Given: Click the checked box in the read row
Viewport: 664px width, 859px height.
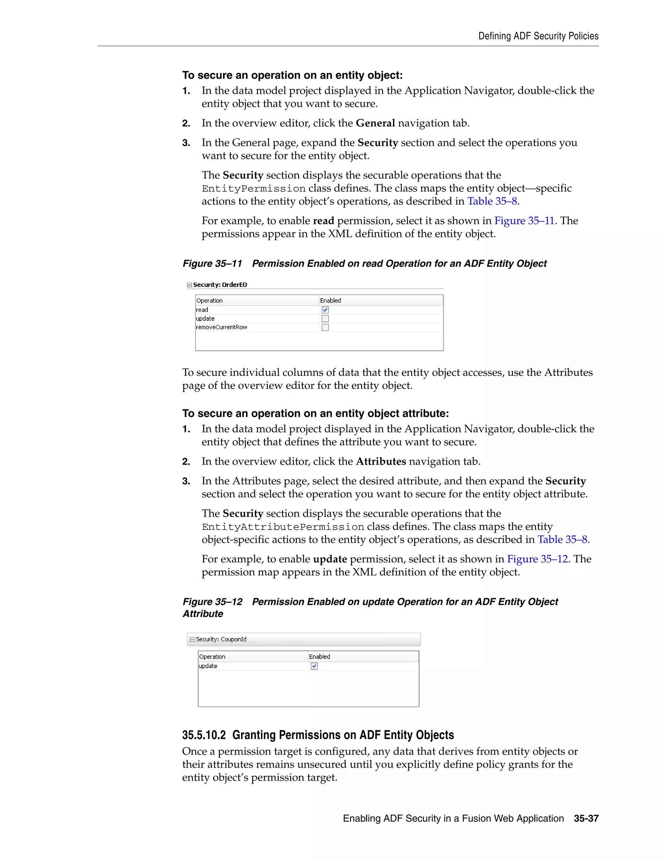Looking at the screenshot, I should [325, 310].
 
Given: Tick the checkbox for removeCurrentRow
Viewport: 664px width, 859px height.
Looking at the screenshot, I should [325, 327].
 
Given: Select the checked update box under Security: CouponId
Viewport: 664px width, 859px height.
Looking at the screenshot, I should [314, 666].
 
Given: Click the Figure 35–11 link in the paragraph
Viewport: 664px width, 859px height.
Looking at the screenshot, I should [524, 221].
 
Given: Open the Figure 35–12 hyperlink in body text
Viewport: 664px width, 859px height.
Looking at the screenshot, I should [537, 559].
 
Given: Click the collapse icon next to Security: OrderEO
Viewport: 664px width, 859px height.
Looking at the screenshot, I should [190, 285].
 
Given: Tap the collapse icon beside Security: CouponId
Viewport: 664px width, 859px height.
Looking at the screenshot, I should [192, 640].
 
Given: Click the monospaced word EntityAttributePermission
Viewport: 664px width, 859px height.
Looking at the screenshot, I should [283, 527].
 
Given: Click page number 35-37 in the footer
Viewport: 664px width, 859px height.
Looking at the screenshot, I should [586, 818].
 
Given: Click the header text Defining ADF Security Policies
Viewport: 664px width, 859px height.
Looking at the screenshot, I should [538, 36].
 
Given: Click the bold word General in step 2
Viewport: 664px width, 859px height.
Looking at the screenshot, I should [375, 123].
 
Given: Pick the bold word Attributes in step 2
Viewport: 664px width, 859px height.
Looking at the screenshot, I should [380, 461].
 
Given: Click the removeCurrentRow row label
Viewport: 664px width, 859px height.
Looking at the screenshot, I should [221, 327].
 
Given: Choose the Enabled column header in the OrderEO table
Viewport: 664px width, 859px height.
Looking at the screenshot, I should [330, 300].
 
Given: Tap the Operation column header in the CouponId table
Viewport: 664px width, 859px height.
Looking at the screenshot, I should [212, 656].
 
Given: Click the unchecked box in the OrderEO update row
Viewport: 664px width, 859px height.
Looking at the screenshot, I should [325, 319].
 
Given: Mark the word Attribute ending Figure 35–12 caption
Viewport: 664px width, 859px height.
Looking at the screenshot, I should [203, 614].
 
